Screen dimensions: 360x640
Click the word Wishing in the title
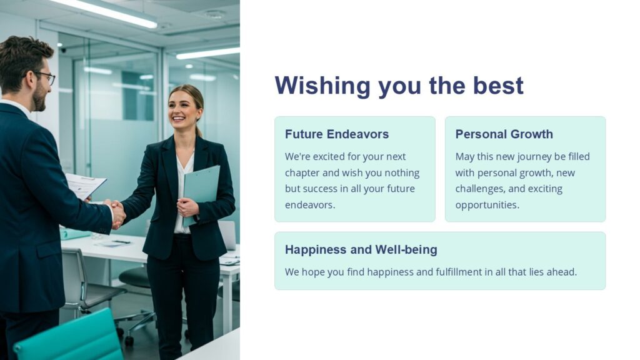[x=318, y=86]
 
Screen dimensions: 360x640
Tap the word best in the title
[x=498, y=86]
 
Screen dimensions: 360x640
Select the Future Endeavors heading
[x=336, y=134]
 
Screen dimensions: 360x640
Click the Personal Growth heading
[x=504, y=134]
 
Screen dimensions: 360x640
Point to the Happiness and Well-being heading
[x=361, y=250]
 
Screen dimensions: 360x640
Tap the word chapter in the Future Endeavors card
[x=302, y=172]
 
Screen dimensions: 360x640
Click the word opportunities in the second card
[x=486, y=205]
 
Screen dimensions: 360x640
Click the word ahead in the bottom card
[x=560, y=272]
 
